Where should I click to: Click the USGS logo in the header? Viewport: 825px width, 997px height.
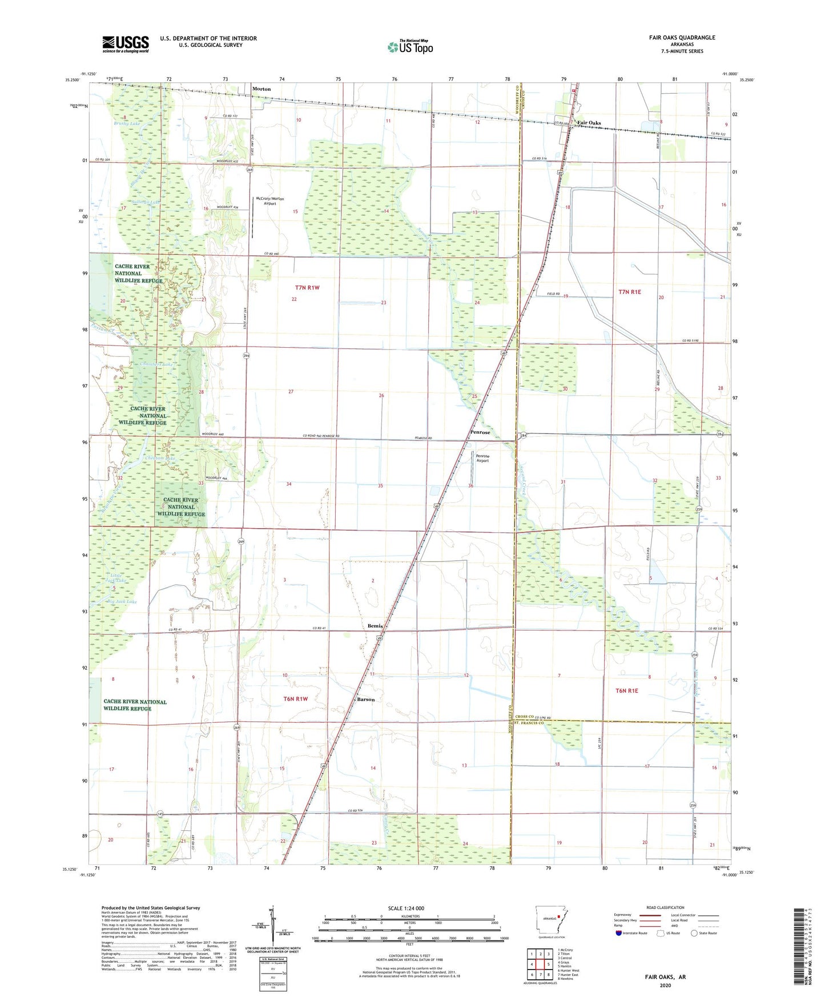(x=126, y=43)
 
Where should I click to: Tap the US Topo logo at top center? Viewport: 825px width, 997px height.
(x=410, y=47)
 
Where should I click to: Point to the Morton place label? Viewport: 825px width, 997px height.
(x=261, y=89)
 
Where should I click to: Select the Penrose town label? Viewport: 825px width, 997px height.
(x=480, y=432)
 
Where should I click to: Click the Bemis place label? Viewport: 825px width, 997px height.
(x=375, y=626)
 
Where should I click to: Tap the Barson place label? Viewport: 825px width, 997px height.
(x=366, y=699)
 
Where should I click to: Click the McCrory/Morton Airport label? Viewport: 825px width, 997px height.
(x=270, y=201)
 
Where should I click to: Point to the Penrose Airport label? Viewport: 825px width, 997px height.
(x=482, y=459)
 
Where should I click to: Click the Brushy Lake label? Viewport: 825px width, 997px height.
(x=127, y=123)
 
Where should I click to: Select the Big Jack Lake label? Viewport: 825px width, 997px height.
(x=122, y=601)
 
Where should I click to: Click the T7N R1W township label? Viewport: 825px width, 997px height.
(x=307, y=288)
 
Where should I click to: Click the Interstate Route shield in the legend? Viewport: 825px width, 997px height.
(x=619, y=933)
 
